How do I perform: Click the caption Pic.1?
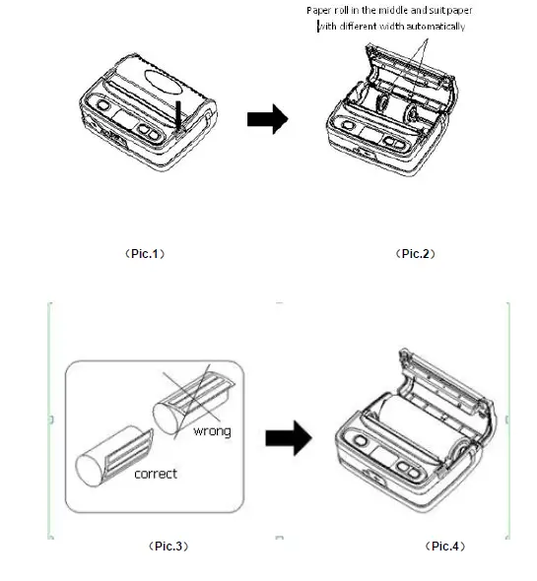pyautogui.click(x=145, y=254)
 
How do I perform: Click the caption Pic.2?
pyautogui.click(x=416, y=254)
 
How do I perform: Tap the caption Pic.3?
pyautogui.click(x=168, y=547)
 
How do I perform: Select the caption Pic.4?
pyautogui.click(x=445, y=547)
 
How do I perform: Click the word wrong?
pyautogui.click(x=212, y=431)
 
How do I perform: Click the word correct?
pyautogui.click(x=156, y=474)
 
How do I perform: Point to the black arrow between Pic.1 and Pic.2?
pyautogui.click(x=267, y=119)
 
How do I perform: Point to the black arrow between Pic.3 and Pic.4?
pyautogui.click(x=289, y=438)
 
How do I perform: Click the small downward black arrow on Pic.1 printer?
pyautogui.click(x=178, y=115)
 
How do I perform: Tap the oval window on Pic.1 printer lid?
pyautogui.click(x=164, y=83)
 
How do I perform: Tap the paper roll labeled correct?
pyautogui.click(x=113, y=457)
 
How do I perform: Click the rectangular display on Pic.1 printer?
pyautogui.click(x=124, y=119)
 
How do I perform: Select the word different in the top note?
pyautogui.click(x=359, y=27)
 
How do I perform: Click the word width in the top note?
pyautogui.click(x=392, y=27)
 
